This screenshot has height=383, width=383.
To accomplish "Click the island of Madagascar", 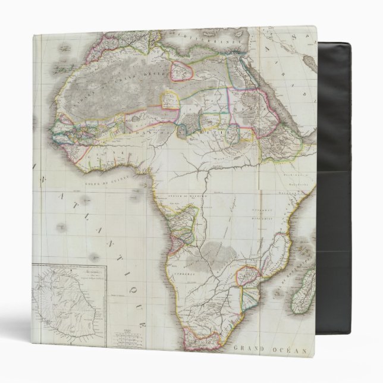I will tap(303, 291).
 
